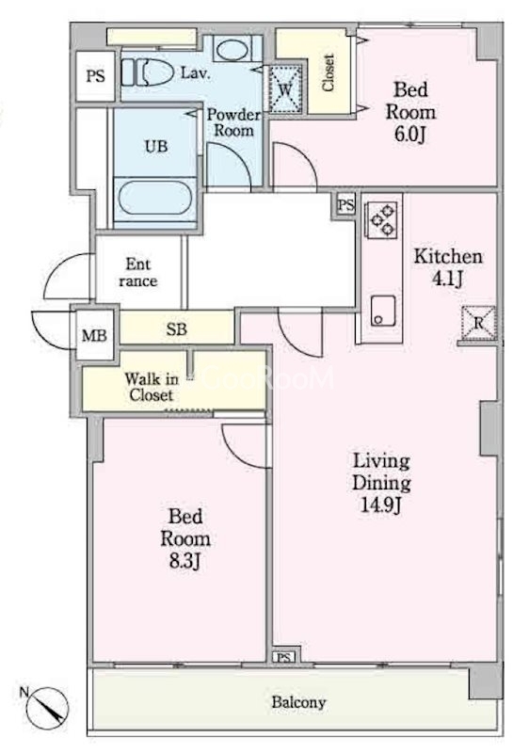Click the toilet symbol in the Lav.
tap(147, 73)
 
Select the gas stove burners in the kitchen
tap(382, 219)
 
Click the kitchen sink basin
tap(383, 311)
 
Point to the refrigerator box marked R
tap(478, 323)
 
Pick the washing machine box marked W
tap(285, 89)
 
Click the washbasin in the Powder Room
tap(231, 50)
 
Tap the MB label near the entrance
tap(95, 335)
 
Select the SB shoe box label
tap(177, 329)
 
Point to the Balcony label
tap(298, 702)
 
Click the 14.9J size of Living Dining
tap(381, 505)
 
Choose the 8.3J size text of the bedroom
tap(184, 560)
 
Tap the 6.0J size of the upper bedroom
tap(410, 134)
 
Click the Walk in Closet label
tap(152, 387)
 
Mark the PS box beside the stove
tap(345, 205)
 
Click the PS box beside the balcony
tap(284, 656)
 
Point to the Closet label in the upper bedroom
tap(329, 72)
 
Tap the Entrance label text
tap(138, 272)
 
